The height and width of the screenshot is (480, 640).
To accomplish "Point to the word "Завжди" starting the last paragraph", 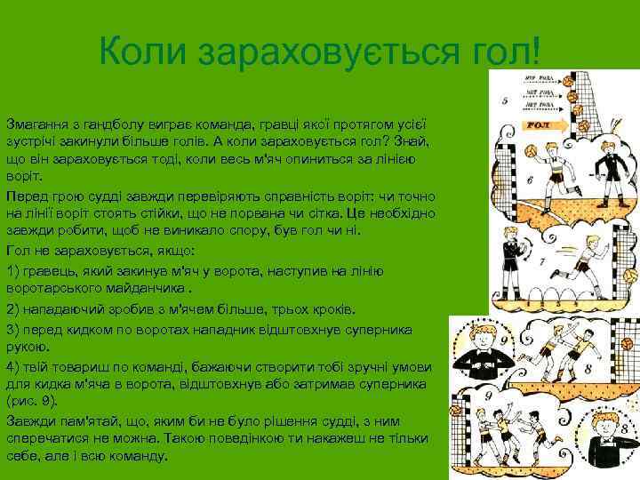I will pyautogui.click(x=29, y=423).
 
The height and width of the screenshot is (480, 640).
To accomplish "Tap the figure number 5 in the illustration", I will pyautogui.click(x=505, y=101).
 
